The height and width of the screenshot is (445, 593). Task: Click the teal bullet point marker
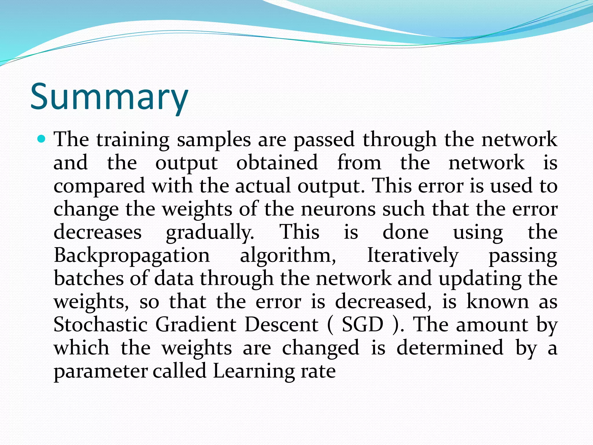(x=42, y=139)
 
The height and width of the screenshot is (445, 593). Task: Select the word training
(x=133, y=140)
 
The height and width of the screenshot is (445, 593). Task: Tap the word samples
(x=214, y=140)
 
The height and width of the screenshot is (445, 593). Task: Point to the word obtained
(x=277, y=163)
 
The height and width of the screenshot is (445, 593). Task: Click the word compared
(x=99, y=186)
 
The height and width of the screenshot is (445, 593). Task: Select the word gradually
(x=210, y=233)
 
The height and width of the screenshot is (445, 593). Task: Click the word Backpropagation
(x=132, y=256)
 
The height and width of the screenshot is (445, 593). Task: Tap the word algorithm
(x=288, y=256)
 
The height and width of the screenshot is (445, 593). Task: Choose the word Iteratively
(x=413, y=256)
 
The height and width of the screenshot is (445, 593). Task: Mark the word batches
(x=89, y=278)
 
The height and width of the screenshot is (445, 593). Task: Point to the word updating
(x=480, y=279)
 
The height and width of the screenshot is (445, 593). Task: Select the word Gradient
(x=196, y=325)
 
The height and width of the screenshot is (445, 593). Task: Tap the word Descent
(x=281, y=325)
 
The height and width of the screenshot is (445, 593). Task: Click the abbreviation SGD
(x=363, y=325)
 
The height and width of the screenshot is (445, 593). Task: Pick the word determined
(x=450, y=348)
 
